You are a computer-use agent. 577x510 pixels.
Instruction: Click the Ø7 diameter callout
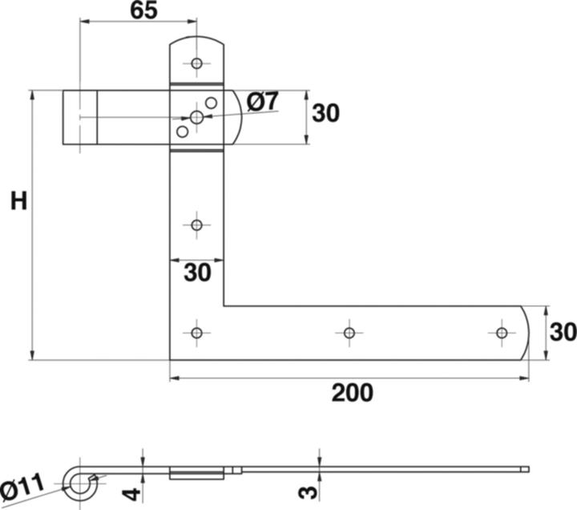click(262, 102)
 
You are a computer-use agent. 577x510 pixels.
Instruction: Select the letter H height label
click(18, 201)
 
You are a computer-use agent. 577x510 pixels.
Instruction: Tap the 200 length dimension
click(352, 393)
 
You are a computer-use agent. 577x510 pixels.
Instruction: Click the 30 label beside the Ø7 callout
click(325, 114)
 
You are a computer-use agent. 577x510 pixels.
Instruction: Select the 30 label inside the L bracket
click(197, 273)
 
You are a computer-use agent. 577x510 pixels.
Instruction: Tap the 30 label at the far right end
click(563, 331)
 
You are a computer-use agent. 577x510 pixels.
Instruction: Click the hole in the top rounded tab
click(196, 63)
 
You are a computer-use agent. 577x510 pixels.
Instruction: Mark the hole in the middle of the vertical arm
click(196, 225)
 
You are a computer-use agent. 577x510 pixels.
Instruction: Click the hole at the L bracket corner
click(196, 332)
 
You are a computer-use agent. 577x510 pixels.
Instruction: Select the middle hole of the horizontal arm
click(349, 332)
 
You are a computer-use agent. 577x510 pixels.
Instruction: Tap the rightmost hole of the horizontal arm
click(502, 332)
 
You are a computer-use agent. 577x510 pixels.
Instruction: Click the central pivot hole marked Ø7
click(196, 118)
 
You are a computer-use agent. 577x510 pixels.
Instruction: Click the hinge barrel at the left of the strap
click(80, 118)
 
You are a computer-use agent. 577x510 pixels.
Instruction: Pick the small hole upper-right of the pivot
click(212, 103)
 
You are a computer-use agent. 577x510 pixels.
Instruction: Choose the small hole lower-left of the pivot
click(182, 132)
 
